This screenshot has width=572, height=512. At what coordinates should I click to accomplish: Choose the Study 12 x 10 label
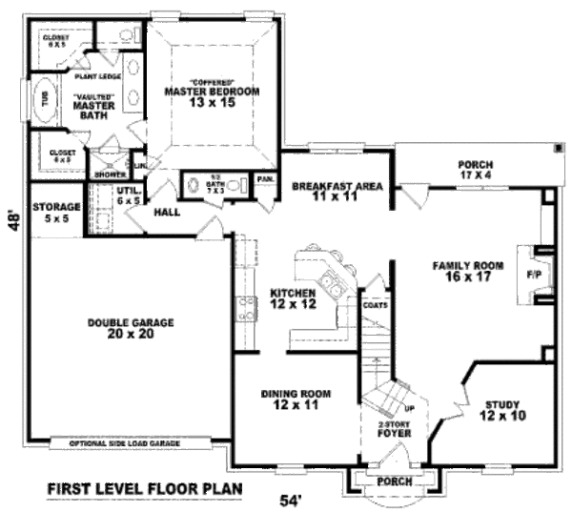pos(503,409)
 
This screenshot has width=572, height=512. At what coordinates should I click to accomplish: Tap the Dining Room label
pos(296,399)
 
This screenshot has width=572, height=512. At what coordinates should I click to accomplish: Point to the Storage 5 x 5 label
pos(55,211)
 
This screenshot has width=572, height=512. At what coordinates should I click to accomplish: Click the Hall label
pos(167,212)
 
